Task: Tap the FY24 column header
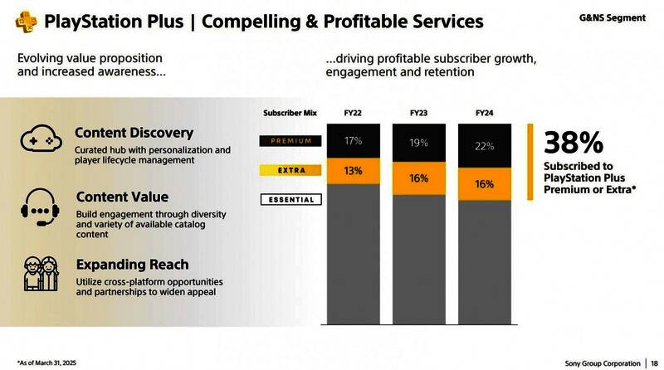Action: click(x=486, y=111)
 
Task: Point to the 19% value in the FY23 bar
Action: click(x=419, y=143)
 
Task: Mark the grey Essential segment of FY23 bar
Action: click(x=419, y=265)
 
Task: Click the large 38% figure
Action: click(x=574, y=143)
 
